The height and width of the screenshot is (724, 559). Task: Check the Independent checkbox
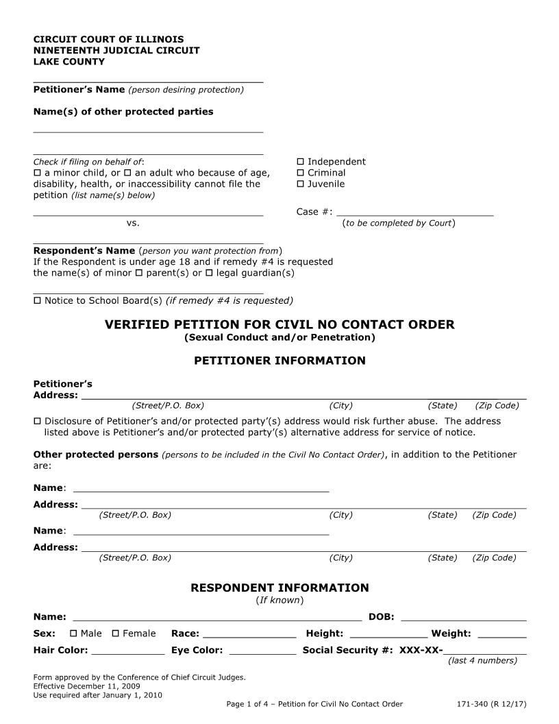[300, 162]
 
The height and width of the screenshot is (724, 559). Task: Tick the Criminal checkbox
[300, 173]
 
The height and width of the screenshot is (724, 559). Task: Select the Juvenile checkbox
[300, 184]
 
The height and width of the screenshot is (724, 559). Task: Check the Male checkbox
[73, 633]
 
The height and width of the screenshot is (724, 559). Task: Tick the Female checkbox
[116, 633]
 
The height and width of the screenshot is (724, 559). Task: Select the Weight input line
[501, 633]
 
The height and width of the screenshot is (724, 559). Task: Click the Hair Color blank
[128, 651]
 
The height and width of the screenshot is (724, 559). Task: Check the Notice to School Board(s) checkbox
[38, 300]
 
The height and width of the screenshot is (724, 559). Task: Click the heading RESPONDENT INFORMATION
[279, 588]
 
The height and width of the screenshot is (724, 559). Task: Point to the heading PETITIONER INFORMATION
[279, 361]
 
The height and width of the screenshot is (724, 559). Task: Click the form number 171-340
[477, 704]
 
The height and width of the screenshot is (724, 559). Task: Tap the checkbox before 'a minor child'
[38, 173]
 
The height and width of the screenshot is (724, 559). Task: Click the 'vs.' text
[133, 223]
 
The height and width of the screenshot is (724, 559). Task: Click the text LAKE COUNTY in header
[69, 62]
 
